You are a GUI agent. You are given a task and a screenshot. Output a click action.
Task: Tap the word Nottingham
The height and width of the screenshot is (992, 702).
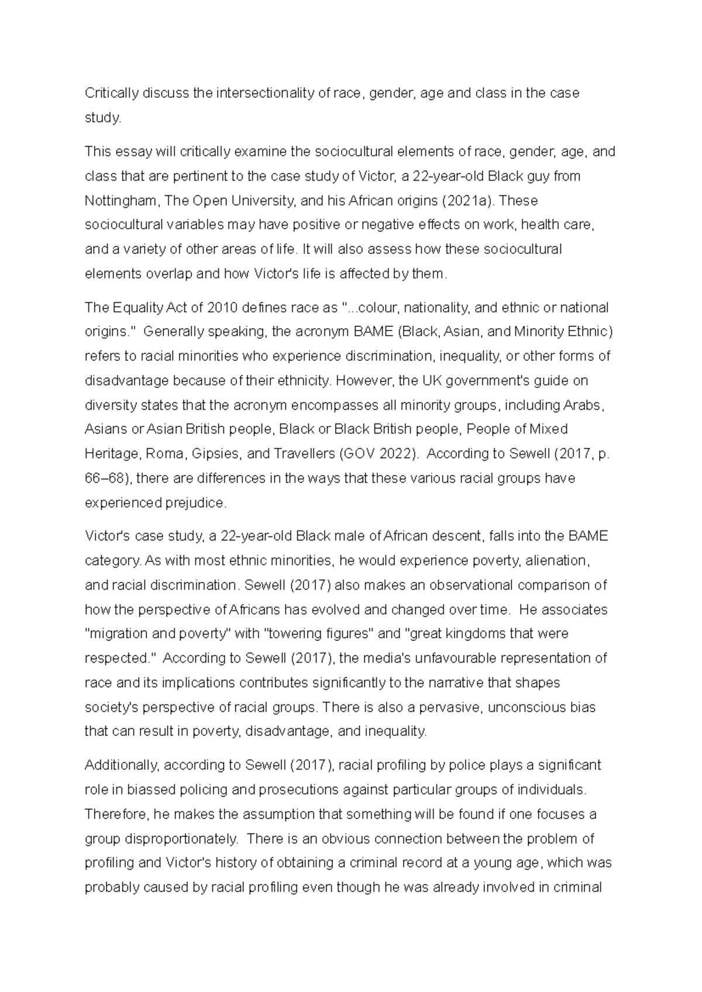(x=121, y=201)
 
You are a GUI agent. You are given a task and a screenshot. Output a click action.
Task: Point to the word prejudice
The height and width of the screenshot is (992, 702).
(x=195, y=503)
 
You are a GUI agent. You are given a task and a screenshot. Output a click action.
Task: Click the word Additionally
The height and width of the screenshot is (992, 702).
(x=122, y=766)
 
